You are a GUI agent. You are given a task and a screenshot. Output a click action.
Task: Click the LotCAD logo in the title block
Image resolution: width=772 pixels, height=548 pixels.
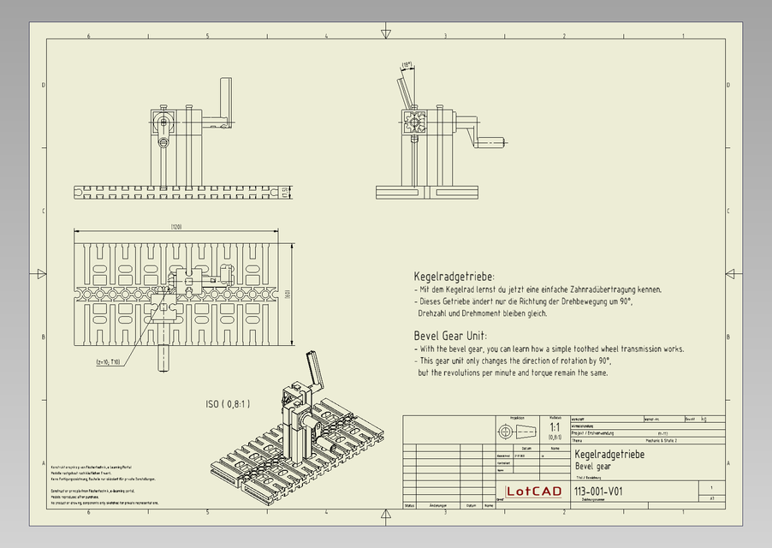click(x=534, y=491)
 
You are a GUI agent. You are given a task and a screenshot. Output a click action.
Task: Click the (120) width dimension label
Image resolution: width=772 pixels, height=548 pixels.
click(x=176, y=227)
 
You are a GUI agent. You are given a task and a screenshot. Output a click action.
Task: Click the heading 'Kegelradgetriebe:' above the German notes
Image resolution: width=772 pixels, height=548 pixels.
click(x=454, y=277)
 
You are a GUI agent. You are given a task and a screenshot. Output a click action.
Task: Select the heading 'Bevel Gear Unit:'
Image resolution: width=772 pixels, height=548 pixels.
click(x=450, y=336)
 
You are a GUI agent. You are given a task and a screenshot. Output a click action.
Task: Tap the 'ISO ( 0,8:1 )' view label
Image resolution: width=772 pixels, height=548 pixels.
click(x=227, y=403)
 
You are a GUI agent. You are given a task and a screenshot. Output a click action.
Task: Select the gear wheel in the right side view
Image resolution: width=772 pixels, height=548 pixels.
click(x=415, y=122)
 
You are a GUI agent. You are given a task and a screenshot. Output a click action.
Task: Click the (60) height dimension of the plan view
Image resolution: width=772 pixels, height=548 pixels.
click(x=289, y=294)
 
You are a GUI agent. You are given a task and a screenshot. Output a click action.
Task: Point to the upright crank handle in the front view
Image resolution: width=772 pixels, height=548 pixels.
click(x=226, y=99)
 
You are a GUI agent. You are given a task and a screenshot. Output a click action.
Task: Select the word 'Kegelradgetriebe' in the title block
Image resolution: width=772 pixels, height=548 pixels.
click(x=609, y=455)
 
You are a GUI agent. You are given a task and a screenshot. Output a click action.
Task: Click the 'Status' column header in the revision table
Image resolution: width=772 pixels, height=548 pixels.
click(x=410, y=506)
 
